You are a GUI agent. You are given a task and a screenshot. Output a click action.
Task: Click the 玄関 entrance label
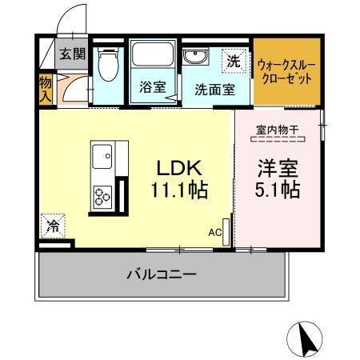[x=72, y=55]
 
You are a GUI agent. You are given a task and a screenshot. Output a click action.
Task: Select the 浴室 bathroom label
[x=152, y=87]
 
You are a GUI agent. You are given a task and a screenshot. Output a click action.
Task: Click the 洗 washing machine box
[x=233, y=59]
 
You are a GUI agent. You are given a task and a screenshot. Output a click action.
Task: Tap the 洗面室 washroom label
[x=214, y=89]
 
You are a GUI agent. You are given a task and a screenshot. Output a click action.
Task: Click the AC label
[x=214, y=233]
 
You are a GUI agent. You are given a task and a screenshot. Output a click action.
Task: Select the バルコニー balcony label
[x=161, y=274]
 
